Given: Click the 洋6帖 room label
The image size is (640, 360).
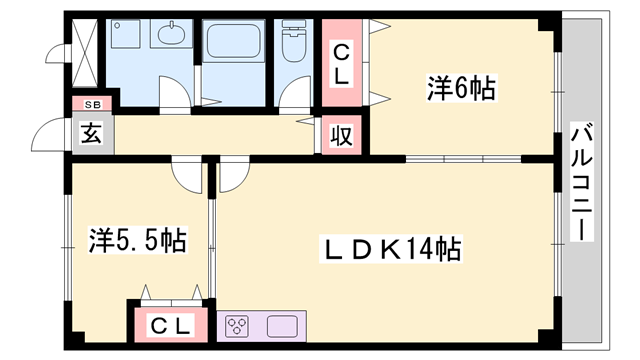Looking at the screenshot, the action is click(x=461, y=88).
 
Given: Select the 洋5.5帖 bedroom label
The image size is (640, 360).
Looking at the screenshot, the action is click(x=138, y=240).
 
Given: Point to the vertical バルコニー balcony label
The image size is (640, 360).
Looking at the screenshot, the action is click(x=582, y=182).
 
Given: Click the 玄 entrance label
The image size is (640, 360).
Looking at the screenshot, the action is click(x=91, y=133).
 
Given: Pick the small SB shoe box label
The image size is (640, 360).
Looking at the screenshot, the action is click(x=93, y=105).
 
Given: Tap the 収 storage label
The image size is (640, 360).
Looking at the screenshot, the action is click(x=341, y=135).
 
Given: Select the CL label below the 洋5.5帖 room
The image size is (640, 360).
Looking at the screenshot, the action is click(x=170, y=326).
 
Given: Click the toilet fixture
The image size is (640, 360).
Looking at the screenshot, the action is click(x=293, y=41).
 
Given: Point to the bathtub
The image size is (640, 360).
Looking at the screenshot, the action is click(x=233, y=40).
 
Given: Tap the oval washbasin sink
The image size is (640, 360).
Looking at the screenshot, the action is click(x=171, y=34).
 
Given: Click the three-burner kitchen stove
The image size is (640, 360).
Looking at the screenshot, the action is click(x=238, y=326).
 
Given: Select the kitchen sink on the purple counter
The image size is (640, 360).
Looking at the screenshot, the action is click(x=282, y=327).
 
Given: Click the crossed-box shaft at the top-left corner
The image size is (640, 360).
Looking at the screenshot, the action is click(x=85, y=53).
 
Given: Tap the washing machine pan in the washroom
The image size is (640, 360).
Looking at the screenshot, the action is click(x=125, y=34).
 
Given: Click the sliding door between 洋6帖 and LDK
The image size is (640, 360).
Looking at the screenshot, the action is click(x=463, y=159).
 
